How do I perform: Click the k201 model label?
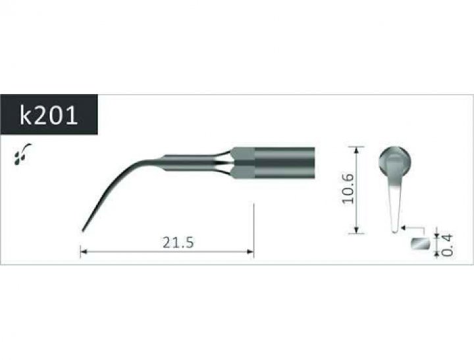(49, 115)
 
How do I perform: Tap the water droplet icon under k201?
(22, 154)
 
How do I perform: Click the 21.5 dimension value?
(178, 242)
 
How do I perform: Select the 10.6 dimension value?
(348, 188)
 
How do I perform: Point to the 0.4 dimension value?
(447, 245)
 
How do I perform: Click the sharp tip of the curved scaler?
(82, 231)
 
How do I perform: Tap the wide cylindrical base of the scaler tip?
(285, 163)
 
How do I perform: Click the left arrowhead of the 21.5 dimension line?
(84, 251)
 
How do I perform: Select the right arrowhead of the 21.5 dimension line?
(250, 251)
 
